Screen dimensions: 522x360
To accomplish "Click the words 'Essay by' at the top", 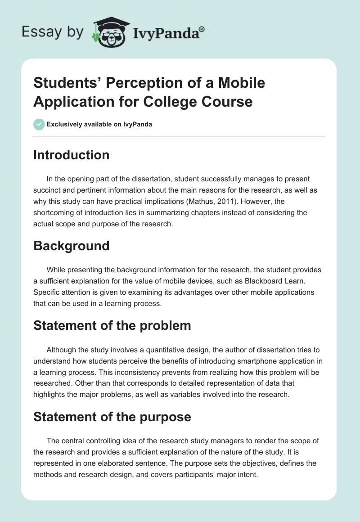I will point(53,31).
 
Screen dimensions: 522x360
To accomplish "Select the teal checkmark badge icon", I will point(39,124).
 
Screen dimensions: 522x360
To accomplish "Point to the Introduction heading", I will point(71,155).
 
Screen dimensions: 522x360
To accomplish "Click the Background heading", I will point(71,246).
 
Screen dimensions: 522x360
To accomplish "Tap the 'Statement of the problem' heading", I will point(112,325).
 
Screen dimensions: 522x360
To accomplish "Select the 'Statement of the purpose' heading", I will point(112,417).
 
